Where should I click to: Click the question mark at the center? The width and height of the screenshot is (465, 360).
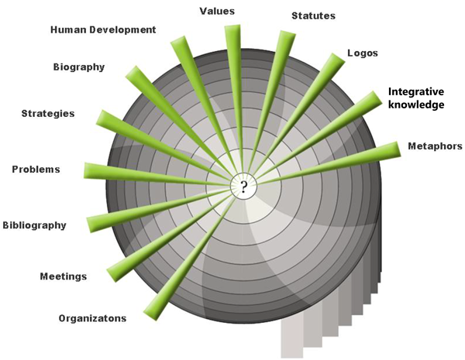point(244,186)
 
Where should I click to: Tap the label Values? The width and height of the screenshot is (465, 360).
point(217,12)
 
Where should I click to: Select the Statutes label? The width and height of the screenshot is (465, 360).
point(313,15)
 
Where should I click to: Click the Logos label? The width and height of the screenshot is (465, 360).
point(363,53)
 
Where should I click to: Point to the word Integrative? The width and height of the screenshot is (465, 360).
point(416,91)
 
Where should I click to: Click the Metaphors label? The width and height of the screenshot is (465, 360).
point(435,146)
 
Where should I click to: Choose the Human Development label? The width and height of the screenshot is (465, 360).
point(103,29)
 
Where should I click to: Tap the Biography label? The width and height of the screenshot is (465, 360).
point(79,67)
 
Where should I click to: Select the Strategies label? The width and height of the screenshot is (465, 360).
point(48,114)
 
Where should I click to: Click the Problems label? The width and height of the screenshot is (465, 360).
point(36,170)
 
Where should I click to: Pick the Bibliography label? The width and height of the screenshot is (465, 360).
point(34,225)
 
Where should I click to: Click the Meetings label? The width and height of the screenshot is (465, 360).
point(64,276)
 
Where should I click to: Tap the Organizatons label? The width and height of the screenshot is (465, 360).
point(92,318)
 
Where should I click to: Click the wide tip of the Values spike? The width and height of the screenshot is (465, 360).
point(232,26)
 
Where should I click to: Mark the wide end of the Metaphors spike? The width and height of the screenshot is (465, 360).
point(398,149)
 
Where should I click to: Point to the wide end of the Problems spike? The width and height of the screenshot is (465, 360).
point(85,170)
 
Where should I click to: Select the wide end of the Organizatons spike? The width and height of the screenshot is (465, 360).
point(150,316)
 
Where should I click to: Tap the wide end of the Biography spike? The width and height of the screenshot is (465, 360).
point(132,71)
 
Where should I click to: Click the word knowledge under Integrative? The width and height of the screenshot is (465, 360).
point(416,105)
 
